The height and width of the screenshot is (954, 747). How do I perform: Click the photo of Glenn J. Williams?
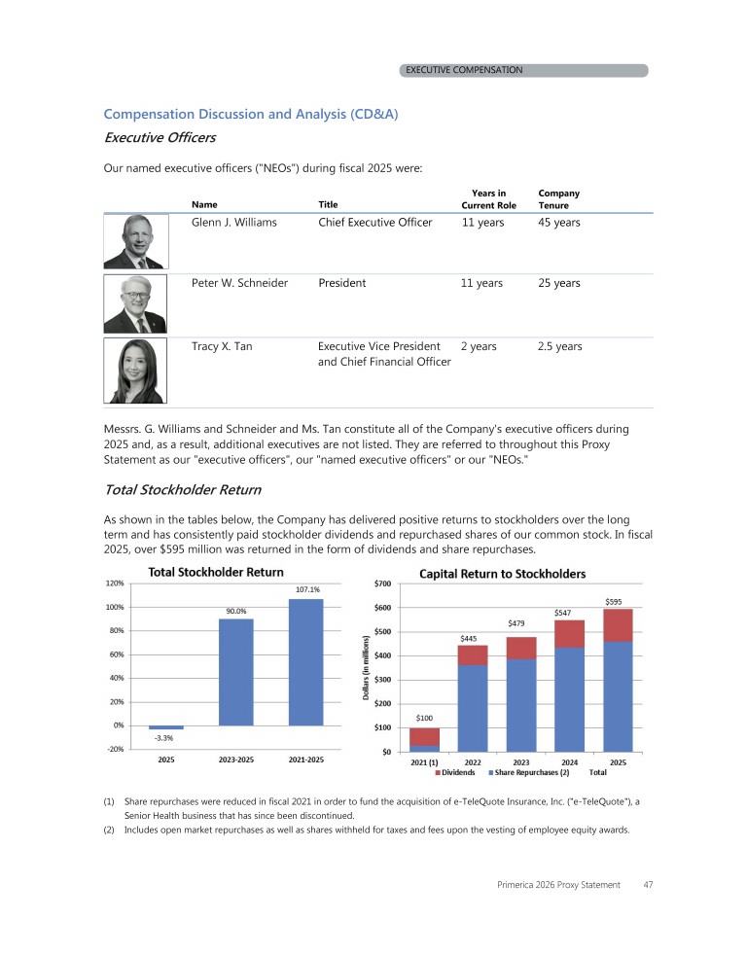click(136, 241)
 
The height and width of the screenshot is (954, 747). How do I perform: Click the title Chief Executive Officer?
click(374, 223)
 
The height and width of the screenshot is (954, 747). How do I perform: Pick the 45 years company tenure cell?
click(559, 223)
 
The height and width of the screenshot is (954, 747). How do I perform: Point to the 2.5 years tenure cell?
click(560, 346)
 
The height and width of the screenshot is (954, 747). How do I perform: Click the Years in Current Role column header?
click(488, 199)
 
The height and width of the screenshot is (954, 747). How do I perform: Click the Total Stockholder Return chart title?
click(215, 572)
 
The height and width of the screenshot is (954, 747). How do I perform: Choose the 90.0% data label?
click(236, 611)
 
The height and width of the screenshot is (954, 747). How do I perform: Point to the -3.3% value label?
click(166, 738)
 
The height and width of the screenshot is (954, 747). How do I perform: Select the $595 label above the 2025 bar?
click(616, 601)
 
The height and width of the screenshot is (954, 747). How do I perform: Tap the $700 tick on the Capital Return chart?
click(383, 584)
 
